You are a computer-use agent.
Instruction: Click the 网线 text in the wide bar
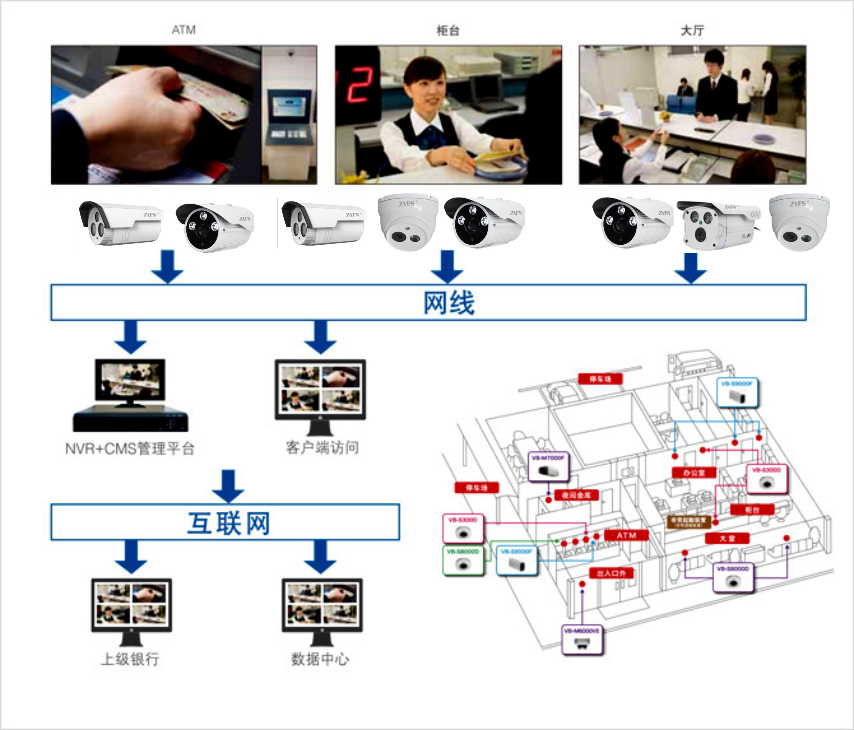point(449,303)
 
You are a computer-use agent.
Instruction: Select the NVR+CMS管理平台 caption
point(129,448)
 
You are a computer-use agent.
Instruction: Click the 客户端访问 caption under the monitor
point(322,447)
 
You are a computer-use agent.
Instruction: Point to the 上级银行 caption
point(130,659)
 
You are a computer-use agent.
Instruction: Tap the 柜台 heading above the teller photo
point(448,31)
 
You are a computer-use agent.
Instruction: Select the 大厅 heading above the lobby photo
point(692,31)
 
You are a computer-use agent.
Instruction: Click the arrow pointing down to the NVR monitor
point(131,337)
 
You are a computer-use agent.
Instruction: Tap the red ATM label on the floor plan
point(626,535)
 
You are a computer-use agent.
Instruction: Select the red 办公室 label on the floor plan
point(694,472)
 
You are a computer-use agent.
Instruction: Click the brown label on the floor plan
point(689,521)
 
